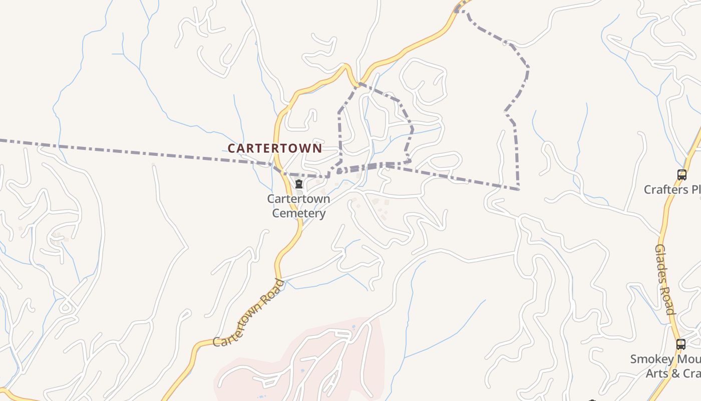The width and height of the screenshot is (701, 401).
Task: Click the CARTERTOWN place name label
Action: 275,148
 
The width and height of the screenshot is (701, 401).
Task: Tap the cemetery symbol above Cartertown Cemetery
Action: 299,184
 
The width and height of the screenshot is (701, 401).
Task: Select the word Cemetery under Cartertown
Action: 299,214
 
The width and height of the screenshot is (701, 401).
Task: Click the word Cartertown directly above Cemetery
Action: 298,199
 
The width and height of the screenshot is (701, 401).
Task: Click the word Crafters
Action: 665,189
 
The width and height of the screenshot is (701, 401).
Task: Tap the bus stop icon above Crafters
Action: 681,175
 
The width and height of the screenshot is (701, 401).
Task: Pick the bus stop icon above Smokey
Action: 680,344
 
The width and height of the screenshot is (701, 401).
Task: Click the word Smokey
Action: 651,359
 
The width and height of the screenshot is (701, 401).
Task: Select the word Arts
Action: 656,373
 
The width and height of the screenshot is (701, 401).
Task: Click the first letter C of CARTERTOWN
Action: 232,148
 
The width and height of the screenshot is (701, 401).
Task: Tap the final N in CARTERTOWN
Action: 317,148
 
